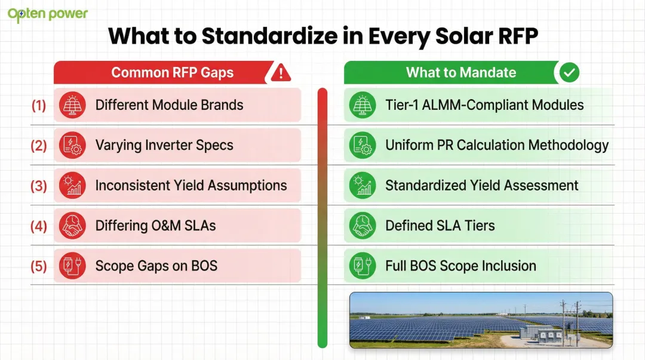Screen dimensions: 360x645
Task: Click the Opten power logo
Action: (48, 14)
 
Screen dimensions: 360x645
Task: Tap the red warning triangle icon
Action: (280, 73)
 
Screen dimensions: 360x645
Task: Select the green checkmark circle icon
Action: (569, 73)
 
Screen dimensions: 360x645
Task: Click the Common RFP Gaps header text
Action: (172, 73)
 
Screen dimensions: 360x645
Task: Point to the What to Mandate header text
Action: (460, 73)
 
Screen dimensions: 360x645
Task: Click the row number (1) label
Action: (39, 106)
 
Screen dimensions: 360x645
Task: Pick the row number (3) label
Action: (39, 186)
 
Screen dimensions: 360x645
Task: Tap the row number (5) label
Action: (39, 266)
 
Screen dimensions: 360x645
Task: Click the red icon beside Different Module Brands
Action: (73, 106)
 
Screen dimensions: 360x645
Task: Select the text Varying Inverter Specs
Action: (164, 146)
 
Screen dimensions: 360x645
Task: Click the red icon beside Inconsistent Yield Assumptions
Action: (73, 186)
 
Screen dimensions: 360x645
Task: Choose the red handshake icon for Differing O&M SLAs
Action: (73, 226)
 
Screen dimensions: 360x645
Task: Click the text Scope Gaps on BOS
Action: (156, 266)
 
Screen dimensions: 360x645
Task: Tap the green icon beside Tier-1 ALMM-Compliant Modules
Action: (362, 106)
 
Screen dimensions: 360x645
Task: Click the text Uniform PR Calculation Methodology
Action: (497, 146)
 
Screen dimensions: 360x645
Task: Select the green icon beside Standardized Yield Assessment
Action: (362, 186)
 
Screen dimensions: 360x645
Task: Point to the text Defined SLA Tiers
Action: (440, 226)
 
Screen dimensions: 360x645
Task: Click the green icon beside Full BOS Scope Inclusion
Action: (362, 266)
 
